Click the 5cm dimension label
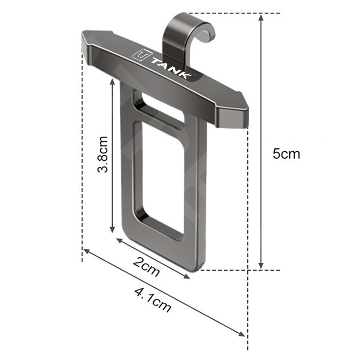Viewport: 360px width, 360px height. pos(286,153)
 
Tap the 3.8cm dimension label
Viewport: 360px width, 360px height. pos(103,154)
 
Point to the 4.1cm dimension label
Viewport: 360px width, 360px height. pos(153,300)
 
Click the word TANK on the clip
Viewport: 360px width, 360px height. pos(171,69)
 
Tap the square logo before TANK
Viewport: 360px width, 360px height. pos(142,55)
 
